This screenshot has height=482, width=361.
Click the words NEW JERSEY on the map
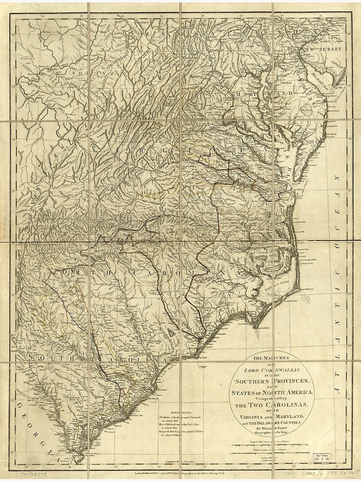[x=322, y=50]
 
